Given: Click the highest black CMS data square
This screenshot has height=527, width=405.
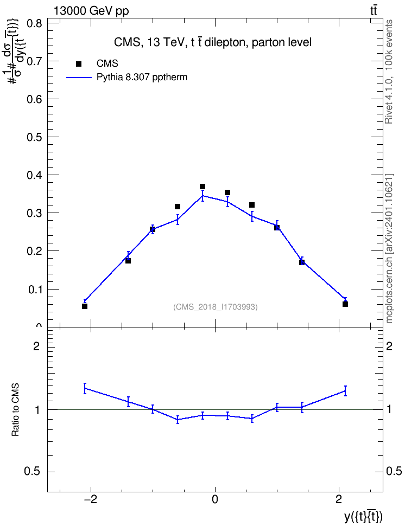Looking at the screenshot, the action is pos(202,187).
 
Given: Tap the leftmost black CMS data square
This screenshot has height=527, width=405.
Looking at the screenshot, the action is pos(85,306).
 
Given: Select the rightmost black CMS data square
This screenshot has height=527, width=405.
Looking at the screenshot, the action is pos(345,304).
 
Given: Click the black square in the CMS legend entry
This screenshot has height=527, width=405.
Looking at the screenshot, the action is pos(79,64).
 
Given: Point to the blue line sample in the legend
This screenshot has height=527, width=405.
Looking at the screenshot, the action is pos(79,78).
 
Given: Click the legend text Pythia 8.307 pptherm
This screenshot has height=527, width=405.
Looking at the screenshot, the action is pos(142,78).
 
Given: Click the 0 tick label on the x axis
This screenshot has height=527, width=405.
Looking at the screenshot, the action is pos(215,499).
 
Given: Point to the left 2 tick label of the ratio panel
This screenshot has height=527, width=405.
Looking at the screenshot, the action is pos(36,346).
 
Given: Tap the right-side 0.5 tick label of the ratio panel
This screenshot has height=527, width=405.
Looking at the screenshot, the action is pos(394,472).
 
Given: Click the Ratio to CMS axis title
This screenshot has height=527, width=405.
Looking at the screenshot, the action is pos(15,410).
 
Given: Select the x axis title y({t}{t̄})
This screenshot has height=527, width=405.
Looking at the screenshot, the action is pos(363,517).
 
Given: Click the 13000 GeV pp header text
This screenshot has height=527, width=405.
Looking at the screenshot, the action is pos(91,11).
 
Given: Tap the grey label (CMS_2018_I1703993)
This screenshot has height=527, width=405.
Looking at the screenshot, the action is pos(216,307).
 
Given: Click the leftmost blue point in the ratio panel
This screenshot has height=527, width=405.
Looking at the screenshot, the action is pos(85,388).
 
